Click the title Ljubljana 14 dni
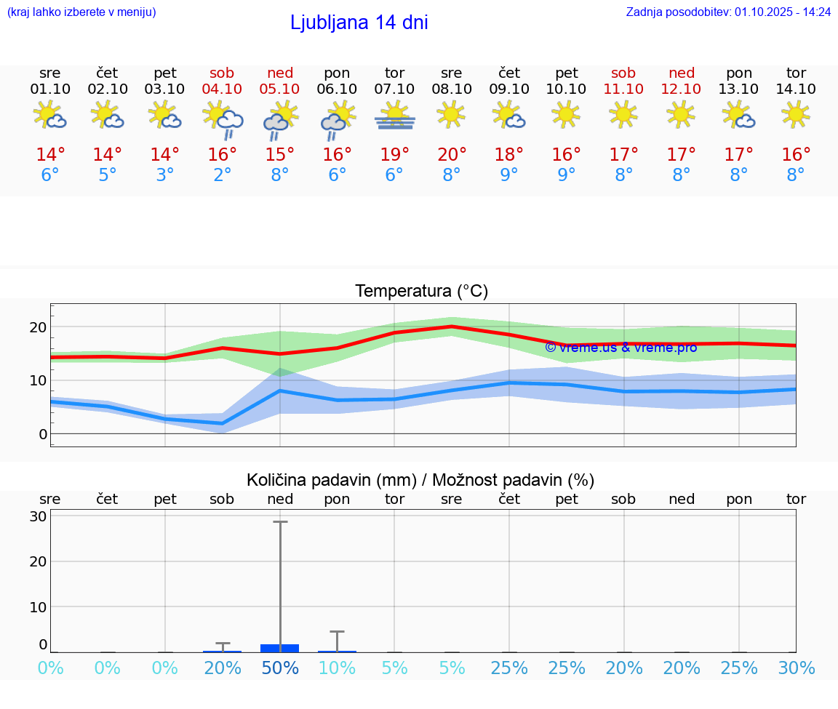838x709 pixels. point(359,23)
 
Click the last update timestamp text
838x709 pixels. point(728,12)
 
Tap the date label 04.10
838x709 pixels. point(223,89)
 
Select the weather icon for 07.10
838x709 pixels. point(394,116)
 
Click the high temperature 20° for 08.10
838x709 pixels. point(452,155)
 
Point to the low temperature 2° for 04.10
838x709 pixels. point(223,175)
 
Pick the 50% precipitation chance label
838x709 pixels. point(280,668)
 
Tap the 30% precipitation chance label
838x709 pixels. point(796,668)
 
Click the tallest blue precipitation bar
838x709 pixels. point(280,648)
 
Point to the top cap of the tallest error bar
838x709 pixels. point(280,521)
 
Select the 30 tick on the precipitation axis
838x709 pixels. point(39,516)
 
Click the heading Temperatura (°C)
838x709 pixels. point(421,292)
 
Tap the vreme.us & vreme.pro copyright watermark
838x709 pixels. point(620,348)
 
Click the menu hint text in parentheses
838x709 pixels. point(81,12)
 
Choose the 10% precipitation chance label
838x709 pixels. point(337,668)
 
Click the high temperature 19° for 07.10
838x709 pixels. point(394,155)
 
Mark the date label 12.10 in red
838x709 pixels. point(681,89)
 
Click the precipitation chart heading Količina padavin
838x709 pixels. point(420,480)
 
